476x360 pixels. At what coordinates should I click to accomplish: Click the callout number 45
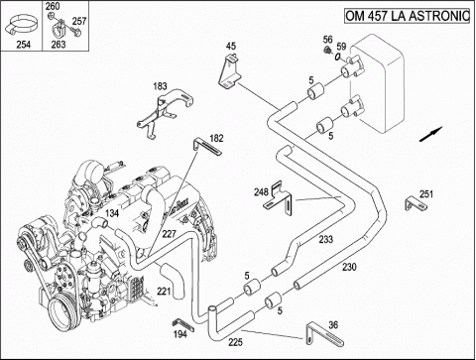pyautogui.click(x=231, y=46)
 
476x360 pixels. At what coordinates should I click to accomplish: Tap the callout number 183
pyautogui.click(x=161, y=87)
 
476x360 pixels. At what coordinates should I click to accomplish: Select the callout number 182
pyautogui.click(x=216, y=139)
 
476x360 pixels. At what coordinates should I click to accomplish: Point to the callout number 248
pyautogui.click(x=262, y=190)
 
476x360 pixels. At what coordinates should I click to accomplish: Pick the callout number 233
pyautogui.click(x=325, y=239)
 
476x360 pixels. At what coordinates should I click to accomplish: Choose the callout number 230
pyautogui.click(x=348, y=267)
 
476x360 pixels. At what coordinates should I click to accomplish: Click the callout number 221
pyautogui.click(x=164, y=292)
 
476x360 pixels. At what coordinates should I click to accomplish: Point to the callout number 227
pyautogui.click(x=170, y=234)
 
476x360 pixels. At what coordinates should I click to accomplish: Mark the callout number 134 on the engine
pyautogui.click(x=112, y=212)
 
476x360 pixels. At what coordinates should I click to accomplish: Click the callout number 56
pyautogui.click(x=326, y=40)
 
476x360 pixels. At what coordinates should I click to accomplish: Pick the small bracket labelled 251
pyautogui.click(x=416, y=207)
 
